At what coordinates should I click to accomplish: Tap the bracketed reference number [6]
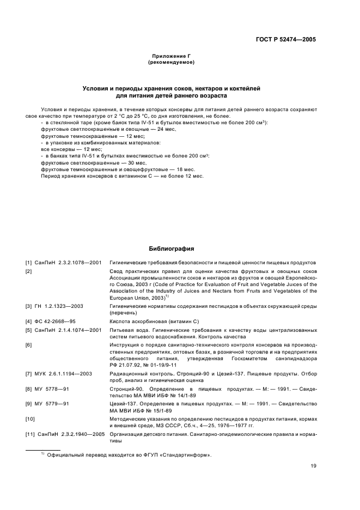click(x=28, y=345)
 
